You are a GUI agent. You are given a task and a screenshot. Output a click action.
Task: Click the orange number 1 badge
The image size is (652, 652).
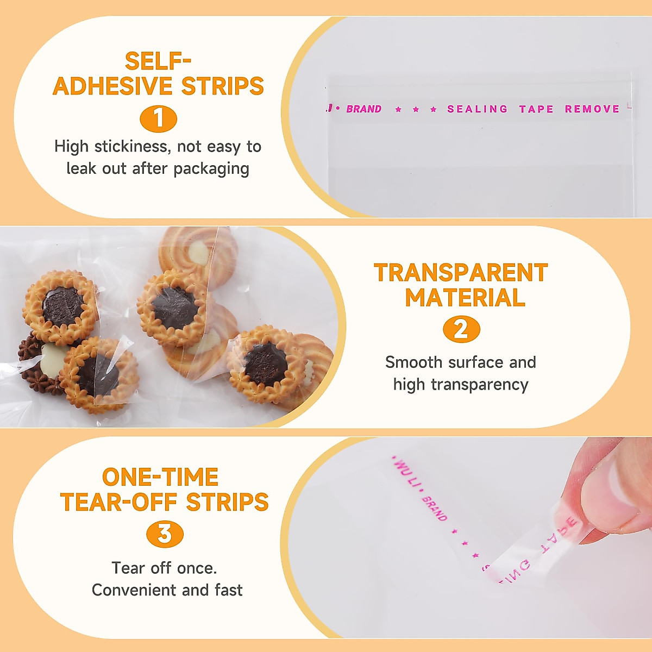click(x=158, y=119)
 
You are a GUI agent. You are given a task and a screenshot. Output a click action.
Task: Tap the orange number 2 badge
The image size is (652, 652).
click(x=461, y=330)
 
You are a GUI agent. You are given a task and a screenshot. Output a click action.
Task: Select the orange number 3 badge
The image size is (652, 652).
click(x=165, y=534)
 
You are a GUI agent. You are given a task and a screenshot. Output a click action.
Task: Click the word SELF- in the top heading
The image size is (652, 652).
click(x=158, y=61)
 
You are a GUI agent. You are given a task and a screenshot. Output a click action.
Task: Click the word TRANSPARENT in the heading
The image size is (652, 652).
click(x=461, y=273)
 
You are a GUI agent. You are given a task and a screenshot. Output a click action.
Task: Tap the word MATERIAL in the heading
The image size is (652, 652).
click(x=465, y=298)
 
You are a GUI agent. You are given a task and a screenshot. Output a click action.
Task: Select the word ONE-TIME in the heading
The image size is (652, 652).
click(x=160, y=478)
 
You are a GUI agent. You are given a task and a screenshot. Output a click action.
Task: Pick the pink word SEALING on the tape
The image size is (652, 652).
click(x=477, y=109)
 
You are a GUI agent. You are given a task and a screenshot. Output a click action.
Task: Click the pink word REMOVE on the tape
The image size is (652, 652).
click(x=592, y=109)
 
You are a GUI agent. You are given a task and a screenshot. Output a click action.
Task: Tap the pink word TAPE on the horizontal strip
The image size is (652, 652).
click(x=536, y=109)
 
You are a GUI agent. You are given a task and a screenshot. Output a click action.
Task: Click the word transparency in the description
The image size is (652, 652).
click(x=480, y=385)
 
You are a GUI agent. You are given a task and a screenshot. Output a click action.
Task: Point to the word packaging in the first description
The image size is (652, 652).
click(x=211, y=169)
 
